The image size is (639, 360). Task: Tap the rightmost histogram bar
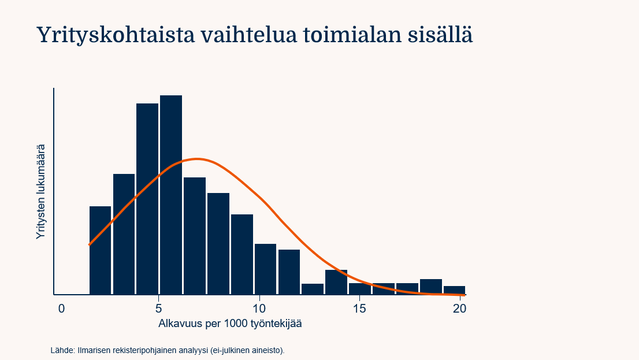point(454,290)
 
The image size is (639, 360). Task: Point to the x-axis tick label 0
point(61,309)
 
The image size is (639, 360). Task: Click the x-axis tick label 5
point(158,309)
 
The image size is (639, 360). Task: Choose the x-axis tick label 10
point(259,309)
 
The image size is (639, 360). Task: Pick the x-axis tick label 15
point(359,309)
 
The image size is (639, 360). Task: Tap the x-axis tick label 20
point(459,309)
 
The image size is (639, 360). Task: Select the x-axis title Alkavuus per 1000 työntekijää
point(230,324)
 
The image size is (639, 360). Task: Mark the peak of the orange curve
point(197,158)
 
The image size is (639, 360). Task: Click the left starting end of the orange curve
point(90,244)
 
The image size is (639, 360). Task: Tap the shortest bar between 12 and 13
point(313,289)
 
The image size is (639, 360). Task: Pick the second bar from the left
point(124,234)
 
